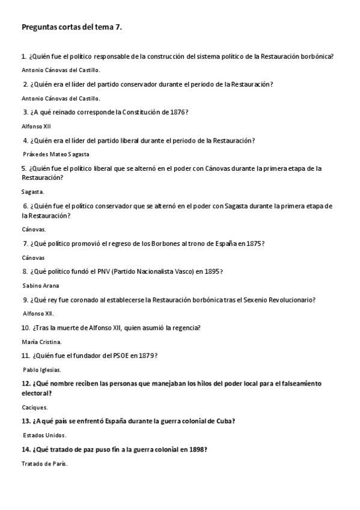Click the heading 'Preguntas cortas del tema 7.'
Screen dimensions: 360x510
point(76,27)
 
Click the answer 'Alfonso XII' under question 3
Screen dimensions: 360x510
point(36,126)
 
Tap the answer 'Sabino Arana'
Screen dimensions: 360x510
point(41,286)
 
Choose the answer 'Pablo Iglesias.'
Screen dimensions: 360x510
point(42,370)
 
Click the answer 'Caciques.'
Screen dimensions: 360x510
point(35,407)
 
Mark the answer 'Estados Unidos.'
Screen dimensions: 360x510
point(44,435)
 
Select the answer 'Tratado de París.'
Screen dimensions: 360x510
point(44,464)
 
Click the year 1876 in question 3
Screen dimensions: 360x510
point(176,112)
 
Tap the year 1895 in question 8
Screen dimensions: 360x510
point(212,272)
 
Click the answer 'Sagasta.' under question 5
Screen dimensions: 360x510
point(32,192)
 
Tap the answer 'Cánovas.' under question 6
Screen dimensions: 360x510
point(34,229)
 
